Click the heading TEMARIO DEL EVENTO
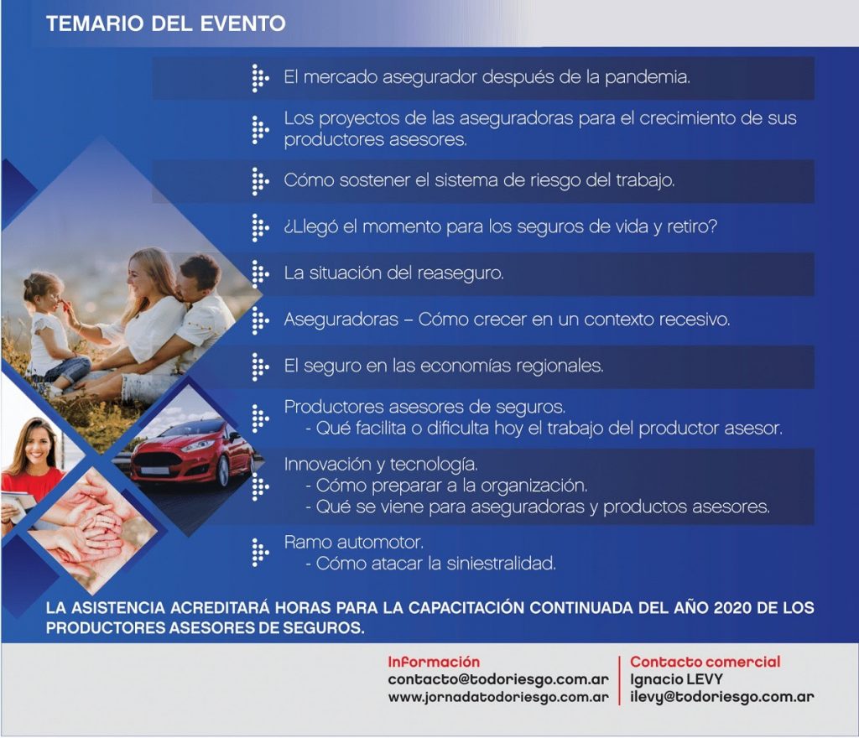(x=165, y=23)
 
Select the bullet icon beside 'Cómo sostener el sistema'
(x=260, y=181)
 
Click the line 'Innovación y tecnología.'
(x=381, y=465)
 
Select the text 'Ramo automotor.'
(x=354, y=542)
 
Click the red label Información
(x=434, y=662)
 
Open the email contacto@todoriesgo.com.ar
(x=498, y=679)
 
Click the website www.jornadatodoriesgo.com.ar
(x=498, y=698)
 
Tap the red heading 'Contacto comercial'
(x=705, y=662)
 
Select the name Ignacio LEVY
(x=676, y=679)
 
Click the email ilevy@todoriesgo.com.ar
(x=721, y=697)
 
